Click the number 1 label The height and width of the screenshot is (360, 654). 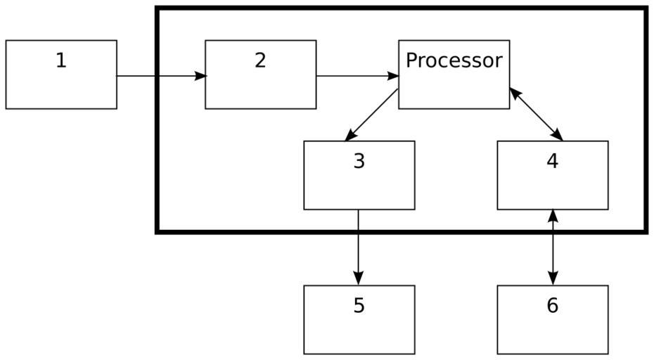click(61, 60)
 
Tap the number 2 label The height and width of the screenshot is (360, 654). click(260, 60)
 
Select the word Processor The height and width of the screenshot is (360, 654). click(454, 60)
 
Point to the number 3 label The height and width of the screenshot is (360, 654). click(359, 161)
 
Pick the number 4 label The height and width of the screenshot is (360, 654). click(552, 161)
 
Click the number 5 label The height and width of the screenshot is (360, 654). click(359, 306)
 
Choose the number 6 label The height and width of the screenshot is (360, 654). click(552, 306)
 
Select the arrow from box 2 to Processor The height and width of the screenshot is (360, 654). click(357, 75)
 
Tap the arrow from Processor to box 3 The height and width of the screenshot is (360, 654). click(373, 114)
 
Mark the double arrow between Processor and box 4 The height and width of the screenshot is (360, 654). click(536, 114)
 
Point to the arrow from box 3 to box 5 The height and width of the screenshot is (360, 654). click(359, 246)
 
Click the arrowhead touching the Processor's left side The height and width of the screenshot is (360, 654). click(393, 75)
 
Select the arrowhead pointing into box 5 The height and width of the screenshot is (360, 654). click(359, 278)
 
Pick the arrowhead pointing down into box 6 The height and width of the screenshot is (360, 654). click(553, 278)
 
